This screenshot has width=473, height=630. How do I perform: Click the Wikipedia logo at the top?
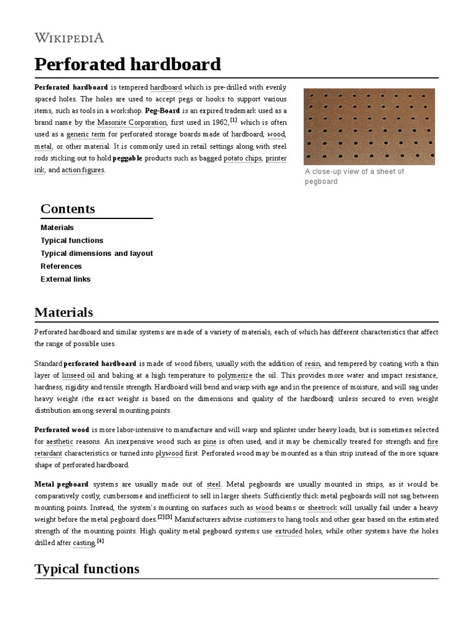pos(69,38)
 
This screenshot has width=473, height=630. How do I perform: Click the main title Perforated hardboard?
pos(127,64)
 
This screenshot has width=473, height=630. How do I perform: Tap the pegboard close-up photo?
pos(369,126)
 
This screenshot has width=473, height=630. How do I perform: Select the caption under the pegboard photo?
pos(354,177)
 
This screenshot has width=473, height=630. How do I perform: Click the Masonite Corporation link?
pos(132,122)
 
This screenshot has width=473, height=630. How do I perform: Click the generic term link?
pos(86,134)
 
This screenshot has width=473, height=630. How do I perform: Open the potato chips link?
pos(243,158)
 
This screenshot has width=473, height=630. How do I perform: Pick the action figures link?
pos(83,170)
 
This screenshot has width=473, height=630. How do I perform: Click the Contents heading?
pos(68,209)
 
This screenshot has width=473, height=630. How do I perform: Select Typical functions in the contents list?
pos(72,241)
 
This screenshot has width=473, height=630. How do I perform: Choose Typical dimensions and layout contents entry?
pos(97,253)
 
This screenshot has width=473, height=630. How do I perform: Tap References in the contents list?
pos(61,266)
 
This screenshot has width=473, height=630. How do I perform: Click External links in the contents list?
pos(65,279)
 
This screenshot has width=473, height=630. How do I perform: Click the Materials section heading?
pos(64,313)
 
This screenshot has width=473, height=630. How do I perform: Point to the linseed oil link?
pos(78,375)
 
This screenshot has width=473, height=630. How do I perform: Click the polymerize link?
pos(235,375)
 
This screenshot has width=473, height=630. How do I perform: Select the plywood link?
pos(169,453)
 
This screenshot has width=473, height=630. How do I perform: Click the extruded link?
pos(288,530)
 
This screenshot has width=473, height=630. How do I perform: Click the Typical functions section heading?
pos(87,569)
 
